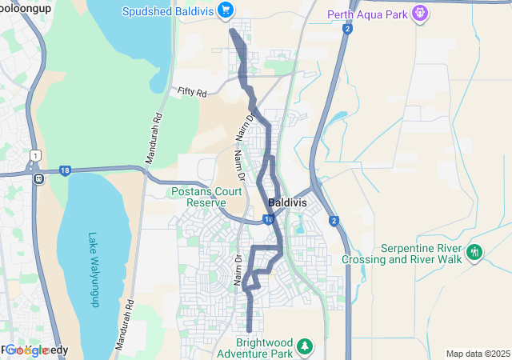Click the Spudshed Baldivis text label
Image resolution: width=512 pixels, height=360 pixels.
170,10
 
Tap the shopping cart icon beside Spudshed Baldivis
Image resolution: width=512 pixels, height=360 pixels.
226,10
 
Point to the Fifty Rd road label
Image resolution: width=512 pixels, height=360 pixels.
192,93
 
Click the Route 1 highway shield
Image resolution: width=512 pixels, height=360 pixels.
35,154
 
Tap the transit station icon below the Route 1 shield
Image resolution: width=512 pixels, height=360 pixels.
38,178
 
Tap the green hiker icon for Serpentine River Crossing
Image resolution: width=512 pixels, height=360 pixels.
474,252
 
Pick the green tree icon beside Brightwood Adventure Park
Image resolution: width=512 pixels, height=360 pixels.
304,346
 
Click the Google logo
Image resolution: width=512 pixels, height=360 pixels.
27,350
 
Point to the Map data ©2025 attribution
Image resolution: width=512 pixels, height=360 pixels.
477,354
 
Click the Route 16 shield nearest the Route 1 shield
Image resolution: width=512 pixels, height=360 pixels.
65,170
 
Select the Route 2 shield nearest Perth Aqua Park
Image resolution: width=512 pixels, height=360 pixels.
348,30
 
